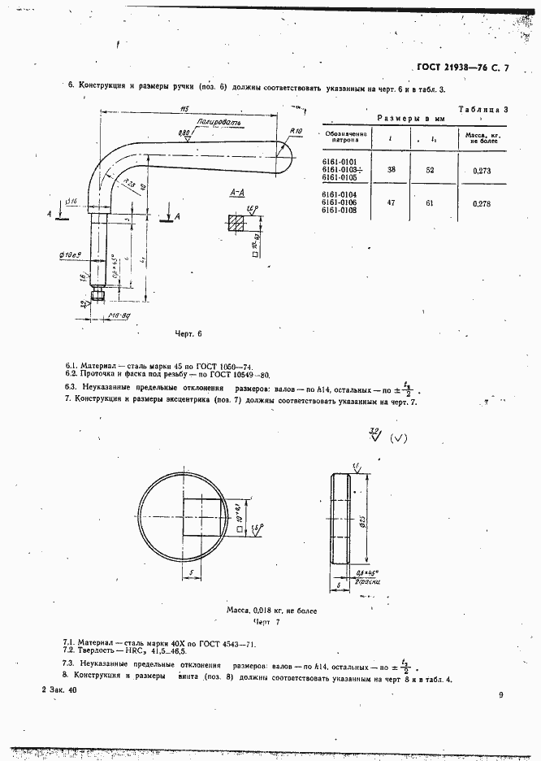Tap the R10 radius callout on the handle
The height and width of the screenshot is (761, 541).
pyautogui.click(x=295, y=130)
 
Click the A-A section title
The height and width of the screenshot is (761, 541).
pyautogui.click(x=238, y=193)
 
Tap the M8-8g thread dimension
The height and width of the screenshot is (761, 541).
pyautogui.click(x=120, y=315)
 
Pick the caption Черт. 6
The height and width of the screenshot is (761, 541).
pyautogui.click(x=188, y=334)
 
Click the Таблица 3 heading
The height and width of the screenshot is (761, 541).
pyautogui.click(x=483, y=109)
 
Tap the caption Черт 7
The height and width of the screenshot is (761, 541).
pyautogui.click(x=266, y=621)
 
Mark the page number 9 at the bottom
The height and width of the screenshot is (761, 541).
pyautogui.click(x=502, y=694)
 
